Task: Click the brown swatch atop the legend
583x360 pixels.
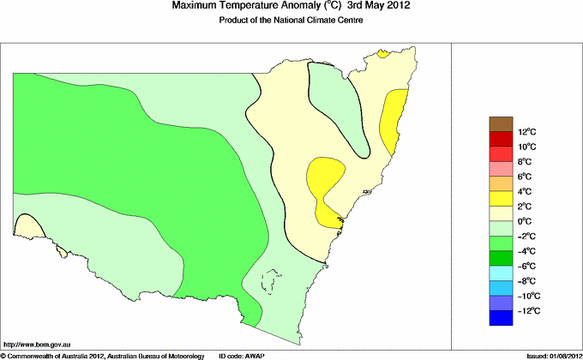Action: point(501,123)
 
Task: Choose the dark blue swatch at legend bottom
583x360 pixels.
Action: point(501,319)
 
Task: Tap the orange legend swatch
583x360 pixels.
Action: point(501,183)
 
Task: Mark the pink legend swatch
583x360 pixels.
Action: point(501,169)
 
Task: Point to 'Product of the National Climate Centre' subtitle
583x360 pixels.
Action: point(291,20)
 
